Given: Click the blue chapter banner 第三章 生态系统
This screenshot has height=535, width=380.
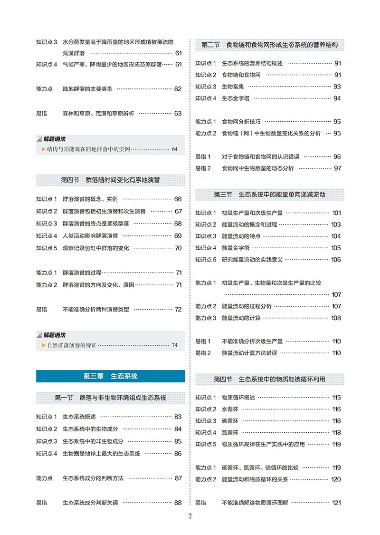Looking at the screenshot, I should (110, 376).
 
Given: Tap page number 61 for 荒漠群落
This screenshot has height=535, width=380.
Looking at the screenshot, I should (178, 53).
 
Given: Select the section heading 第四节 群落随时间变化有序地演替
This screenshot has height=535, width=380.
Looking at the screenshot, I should (110, 180).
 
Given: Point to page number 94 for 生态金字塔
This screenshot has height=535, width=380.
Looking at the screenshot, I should (337, 98).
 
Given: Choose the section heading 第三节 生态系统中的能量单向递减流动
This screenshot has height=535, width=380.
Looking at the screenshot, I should (270, 195).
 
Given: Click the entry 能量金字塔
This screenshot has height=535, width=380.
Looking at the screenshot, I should (235, 248).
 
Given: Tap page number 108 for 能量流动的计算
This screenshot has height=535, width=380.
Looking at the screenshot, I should (336, 318).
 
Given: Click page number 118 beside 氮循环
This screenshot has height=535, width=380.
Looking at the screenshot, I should (336, 432).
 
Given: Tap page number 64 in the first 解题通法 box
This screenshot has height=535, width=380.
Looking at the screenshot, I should (174, 149).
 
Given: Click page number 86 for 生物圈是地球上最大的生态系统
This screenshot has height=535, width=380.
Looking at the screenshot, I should (178, 453).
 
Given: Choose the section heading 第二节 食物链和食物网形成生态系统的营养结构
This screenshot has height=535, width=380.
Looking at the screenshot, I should (270, 45).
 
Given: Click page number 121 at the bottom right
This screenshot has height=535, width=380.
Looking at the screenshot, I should (336, 502).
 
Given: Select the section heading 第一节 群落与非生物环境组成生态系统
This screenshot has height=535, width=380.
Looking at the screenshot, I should (110, 398).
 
